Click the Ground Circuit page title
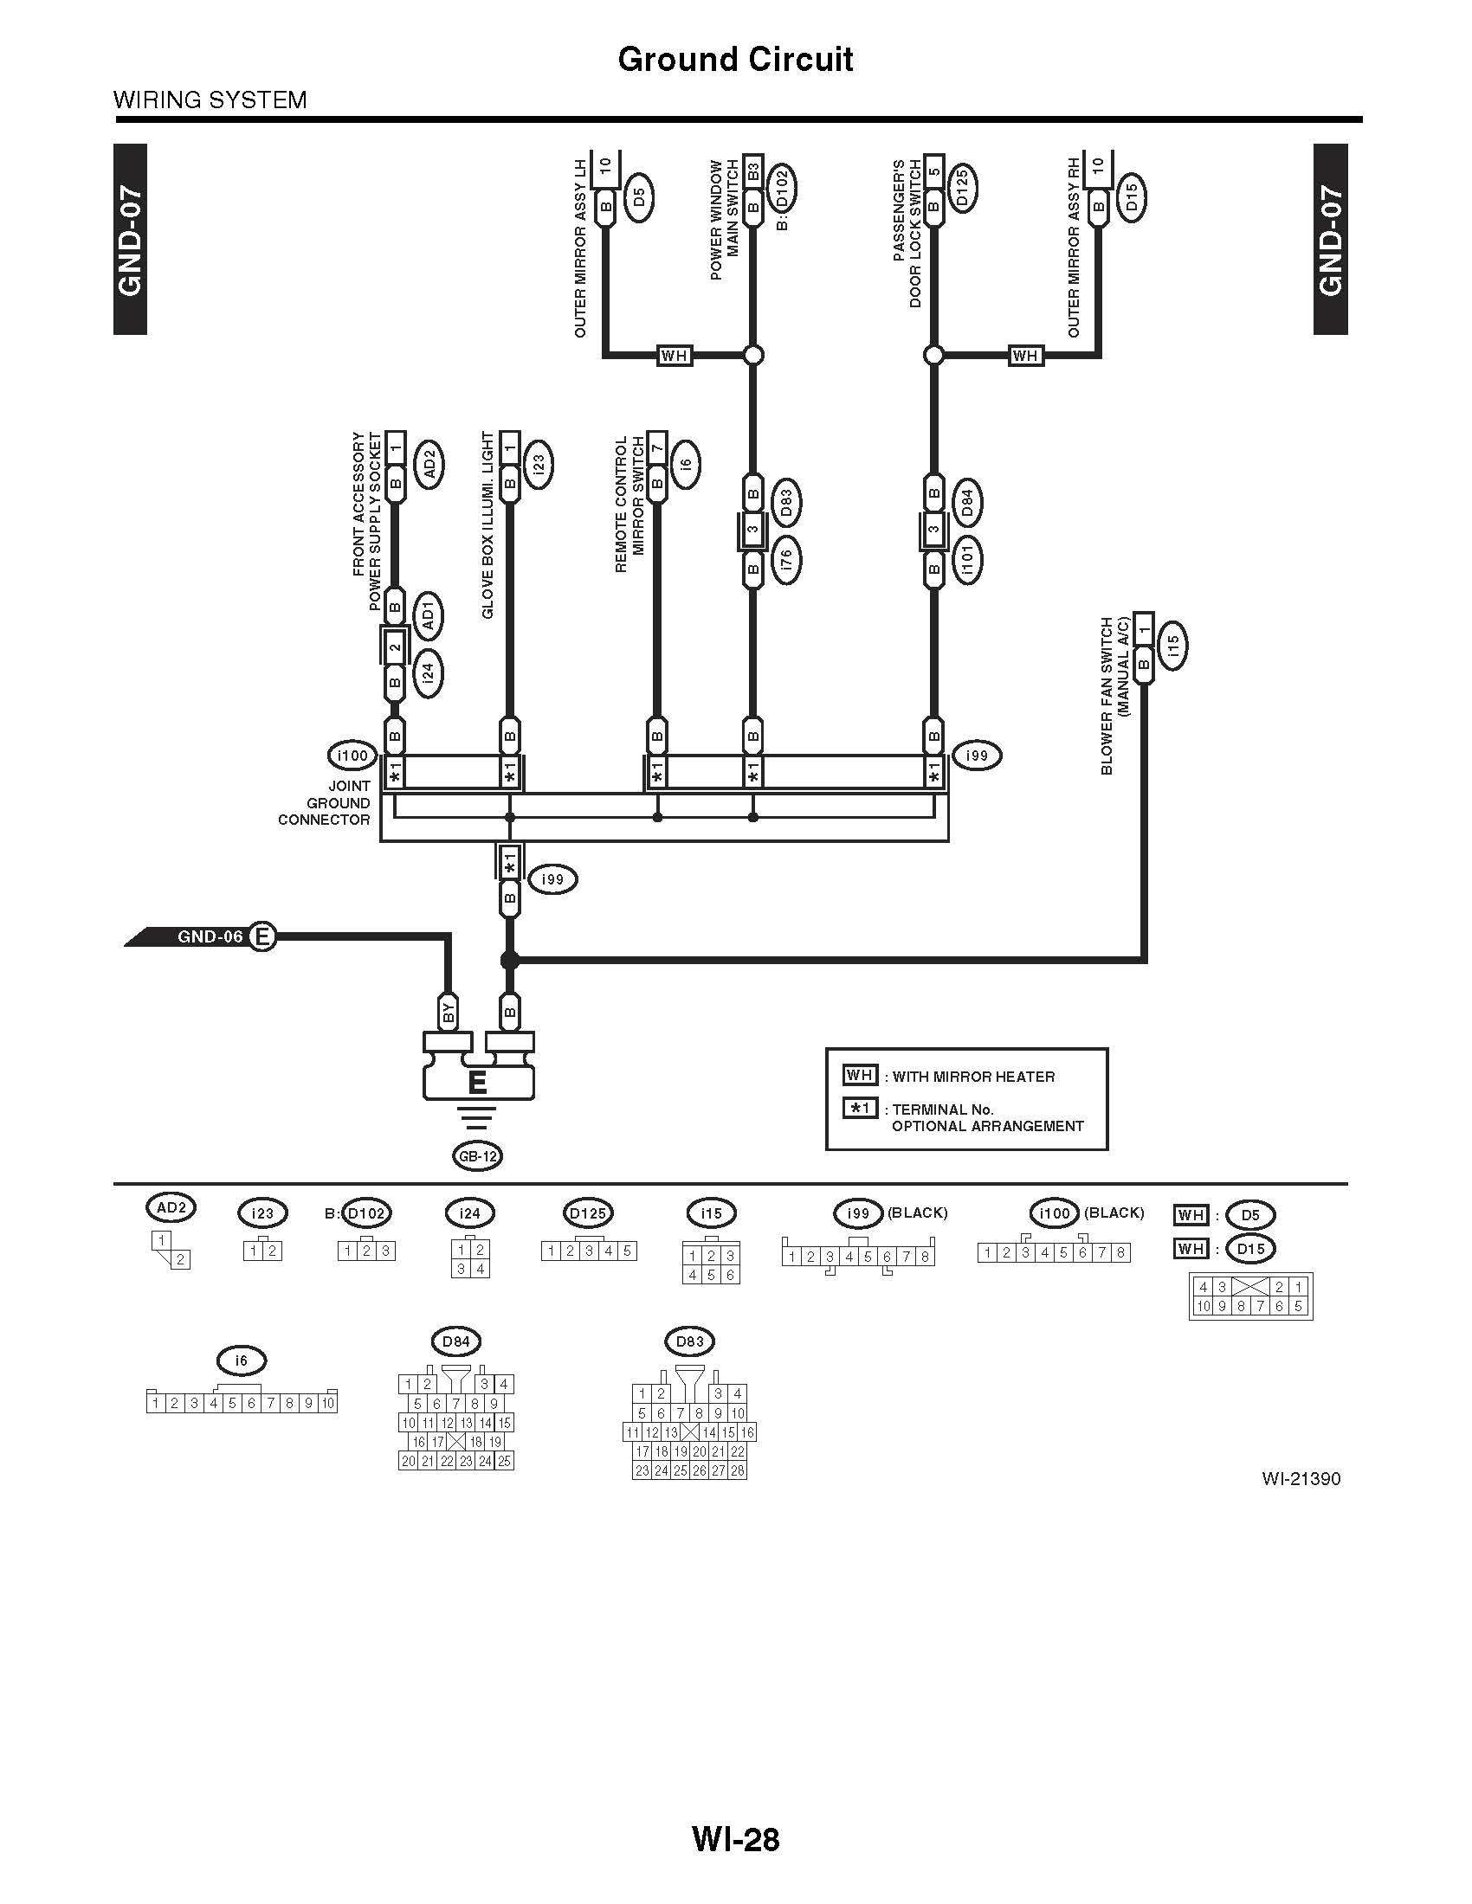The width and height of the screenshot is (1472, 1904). point(735,59)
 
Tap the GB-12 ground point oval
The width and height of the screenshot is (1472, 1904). point(478,1156)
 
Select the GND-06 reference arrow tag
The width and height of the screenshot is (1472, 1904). point(201,937)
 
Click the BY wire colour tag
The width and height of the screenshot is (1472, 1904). point(449,1013)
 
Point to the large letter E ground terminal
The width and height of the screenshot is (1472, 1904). point(477,1083)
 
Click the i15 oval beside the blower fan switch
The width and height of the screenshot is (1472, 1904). point(1173,645)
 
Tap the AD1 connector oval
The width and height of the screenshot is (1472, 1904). point(428,615)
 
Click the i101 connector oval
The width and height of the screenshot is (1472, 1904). point(967,560)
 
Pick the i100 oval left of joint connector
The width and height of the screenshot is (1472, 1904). point(352,755)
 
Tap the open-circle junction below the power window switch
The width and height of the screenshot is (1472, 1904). point(753,355)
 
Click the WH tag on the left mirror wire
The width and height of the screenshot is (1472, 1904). point(674,355)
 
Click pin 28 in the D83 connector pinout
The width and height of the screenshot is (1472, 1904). point(738,1470)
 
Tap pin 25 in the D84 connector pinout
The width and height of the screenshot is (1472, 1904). point(504,1461)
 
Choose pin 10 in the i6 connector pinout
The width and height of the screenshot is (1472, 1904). point(327,1404)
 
